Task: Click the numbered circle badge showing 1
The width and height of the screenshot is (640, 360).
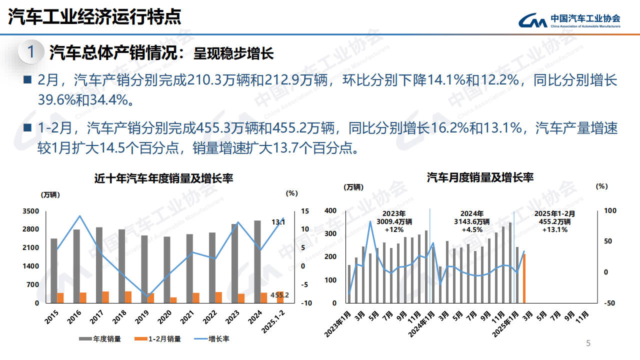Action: (31, 52)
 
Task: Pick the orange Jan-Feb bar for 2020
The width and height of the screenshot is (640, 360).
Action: (173, 300)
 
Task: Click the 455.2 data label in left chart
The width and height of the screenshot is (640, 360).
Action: (279, 295)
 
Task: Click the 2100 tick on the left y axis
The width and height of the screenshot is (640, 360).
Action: (30, 247)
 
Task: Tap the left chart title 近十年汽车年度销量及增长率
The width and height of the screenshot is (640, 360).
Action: (164, 178)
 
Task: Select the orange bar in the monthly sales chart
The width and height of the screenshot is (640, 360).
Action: (524, 278)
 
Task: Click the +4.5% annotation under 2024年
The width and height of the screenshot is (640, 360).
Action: (471, 229)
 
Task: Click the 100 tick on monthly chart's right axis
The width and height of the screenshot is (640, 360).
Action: (610, 210)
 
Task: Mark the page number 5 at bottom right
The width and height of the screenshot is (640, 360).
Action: (588, 343)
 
